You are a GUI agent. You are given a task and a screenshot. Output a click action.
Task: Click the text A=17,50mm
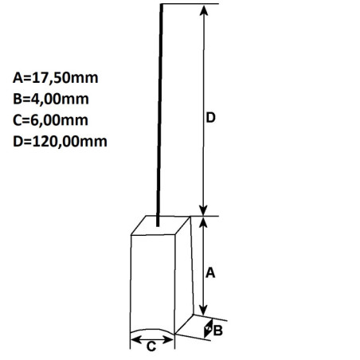point(51,79)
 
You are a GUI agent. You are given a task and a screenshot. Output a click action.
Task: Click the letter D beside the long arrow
point(211,118)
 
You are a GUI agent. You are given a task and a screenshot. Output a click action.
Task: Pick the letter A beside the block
point(211,272)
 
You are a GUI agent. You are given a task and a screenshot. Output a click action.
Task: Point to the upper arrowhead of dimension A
point(205,223)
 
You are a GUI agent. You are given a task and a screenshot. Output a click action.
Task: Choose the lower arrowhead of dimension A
point(205,310)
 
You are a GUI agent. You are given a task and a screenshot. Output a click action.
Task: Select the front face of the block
point(152,283)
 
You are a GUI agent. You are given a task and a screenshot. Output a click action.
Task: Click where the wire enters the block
point(159,222)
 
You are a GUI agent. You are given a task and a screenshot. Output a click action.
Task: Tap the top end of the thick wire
point(162,7)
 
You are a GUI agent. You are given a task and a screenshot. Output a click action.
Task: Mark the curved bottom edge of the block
point(152,332)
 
